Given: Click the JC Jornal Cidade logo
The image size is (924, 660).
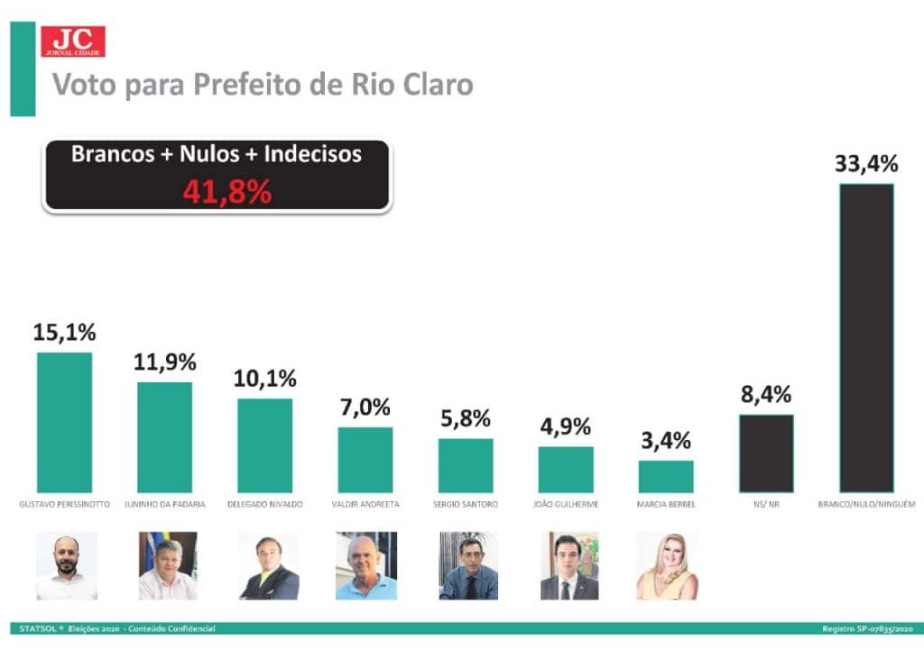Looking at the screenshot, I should [72, 41].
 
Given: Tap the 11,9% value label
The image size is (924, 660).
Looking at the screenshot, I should [164, 362].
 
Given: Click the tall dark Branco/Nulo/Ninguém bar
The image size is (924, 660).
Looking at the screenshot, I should [866, 338].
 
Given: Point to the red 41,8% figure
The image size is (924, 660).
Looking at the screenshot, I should [227, 191].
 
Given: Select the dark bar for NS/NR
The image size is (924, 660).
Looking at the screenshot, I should [766, 454].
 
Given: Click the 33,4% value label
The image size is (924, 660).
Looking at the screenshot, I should [866, 164].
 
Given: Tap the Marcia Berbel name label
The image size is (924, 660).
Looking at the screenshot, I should [666, 504].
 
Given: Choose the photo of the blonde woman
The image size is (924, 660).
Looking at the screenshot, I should [667, 565].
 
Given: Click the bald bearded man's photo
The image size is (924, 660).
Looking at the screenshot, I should [66, 565].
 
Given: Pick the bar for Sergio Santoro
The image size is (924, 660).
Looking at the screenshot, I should [466, 465].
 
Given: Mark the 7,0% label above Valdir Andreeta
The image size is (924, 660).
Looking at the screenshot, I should [365, 407].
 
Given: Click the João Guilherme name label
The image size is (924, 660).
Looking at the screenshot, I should [566, 504].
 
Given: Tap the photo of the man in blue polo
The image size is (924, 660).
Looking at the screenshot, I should [365, 565].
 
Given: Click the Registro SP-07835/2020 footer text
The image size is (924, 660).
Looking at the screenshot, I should [868, 628].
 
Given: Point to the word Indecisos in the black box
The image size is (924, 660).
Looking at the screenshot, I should [314, 154].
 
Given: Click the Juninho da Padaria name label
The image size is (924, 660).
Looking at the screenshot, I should [164, 504].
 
